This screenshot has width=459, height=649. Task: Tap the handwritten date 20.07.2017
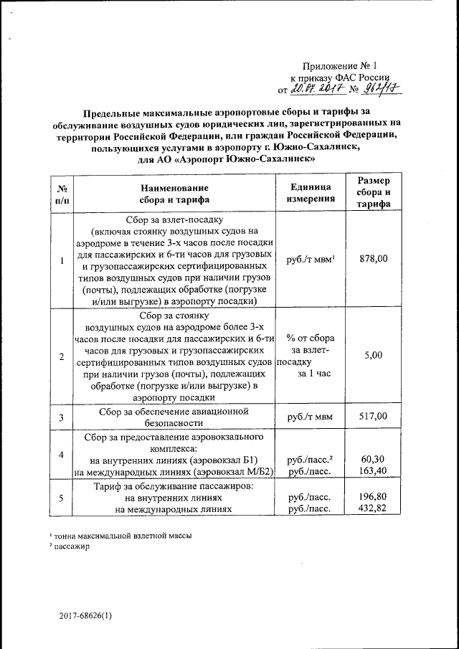point(317,89)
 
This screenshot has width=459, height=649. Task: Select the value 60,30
point(374,459)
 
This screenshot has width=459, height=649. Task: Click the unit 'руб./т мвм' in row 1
point(311,260)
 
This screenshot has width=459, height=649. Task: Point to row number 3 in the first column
point(62,417)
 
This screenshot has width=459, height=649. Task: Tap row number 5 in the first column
point(62,498)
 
